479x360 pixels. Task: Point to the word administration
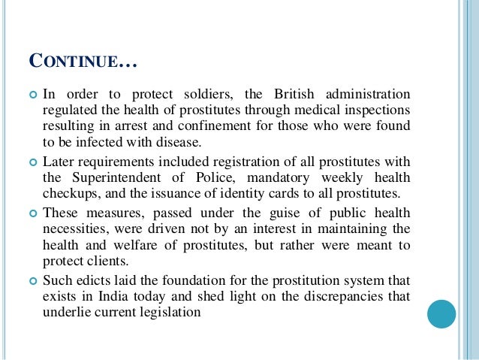[x=367, y=93]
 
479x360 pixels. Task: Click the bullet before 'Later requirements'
[x=32, y=161]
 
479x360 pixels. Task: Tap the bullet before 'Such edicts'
[x=32, y=280]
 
